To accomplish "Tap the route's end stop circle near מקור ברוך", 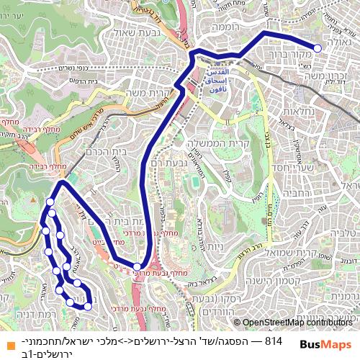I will tap(318, 49).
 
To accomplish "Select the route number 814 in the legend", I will tap(273, 339).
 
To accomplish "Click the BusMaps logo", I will tap(325, 345).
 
